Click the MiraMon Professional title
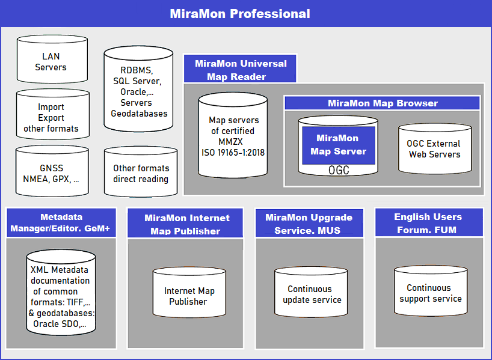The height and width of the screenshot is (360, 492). (240, 14)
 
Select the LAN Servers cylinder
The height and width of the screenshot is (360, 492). (52, 59)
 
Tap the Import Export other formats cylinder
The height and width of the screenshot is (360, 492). (53, 114)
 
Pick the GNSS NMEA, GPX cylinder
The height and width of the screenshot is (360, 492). (52, 171)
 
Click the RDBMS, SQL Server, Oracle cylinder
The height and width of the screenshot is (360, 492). (138, 89)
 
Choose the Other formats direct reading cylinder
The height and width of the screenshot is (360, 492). (141, 172)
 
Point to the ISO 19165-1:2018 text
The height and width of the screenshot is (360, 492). (233, 153)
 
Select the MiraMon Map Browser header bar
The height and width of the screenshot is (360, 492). (382, 103)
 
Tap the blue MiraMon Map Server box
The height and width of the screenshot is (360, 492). (339, 145)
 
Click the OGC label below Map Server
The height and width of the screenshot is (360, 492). (339, 170)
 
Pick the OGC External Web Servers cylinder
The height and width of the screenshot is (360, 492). (435, 148)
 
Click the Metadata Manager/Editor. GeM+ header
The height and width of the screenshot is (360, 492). (61, 222)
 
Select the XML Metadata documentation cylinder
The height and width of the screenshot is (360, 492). (61, 292)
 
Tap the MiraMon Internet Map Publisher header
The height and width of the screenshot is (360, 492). (185, 223)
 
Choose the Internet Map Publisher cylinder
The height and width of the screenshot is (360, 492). (189, 292)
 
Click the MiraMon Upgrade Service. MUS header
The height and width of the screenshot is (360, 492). (309, 223)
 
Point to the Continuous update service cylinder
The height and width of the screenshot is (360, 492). (311, 291)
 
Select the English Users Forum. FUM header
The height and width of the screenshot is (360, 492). (429, 222)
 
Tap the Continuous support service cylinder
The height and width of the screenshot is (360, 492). (431, 291)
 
